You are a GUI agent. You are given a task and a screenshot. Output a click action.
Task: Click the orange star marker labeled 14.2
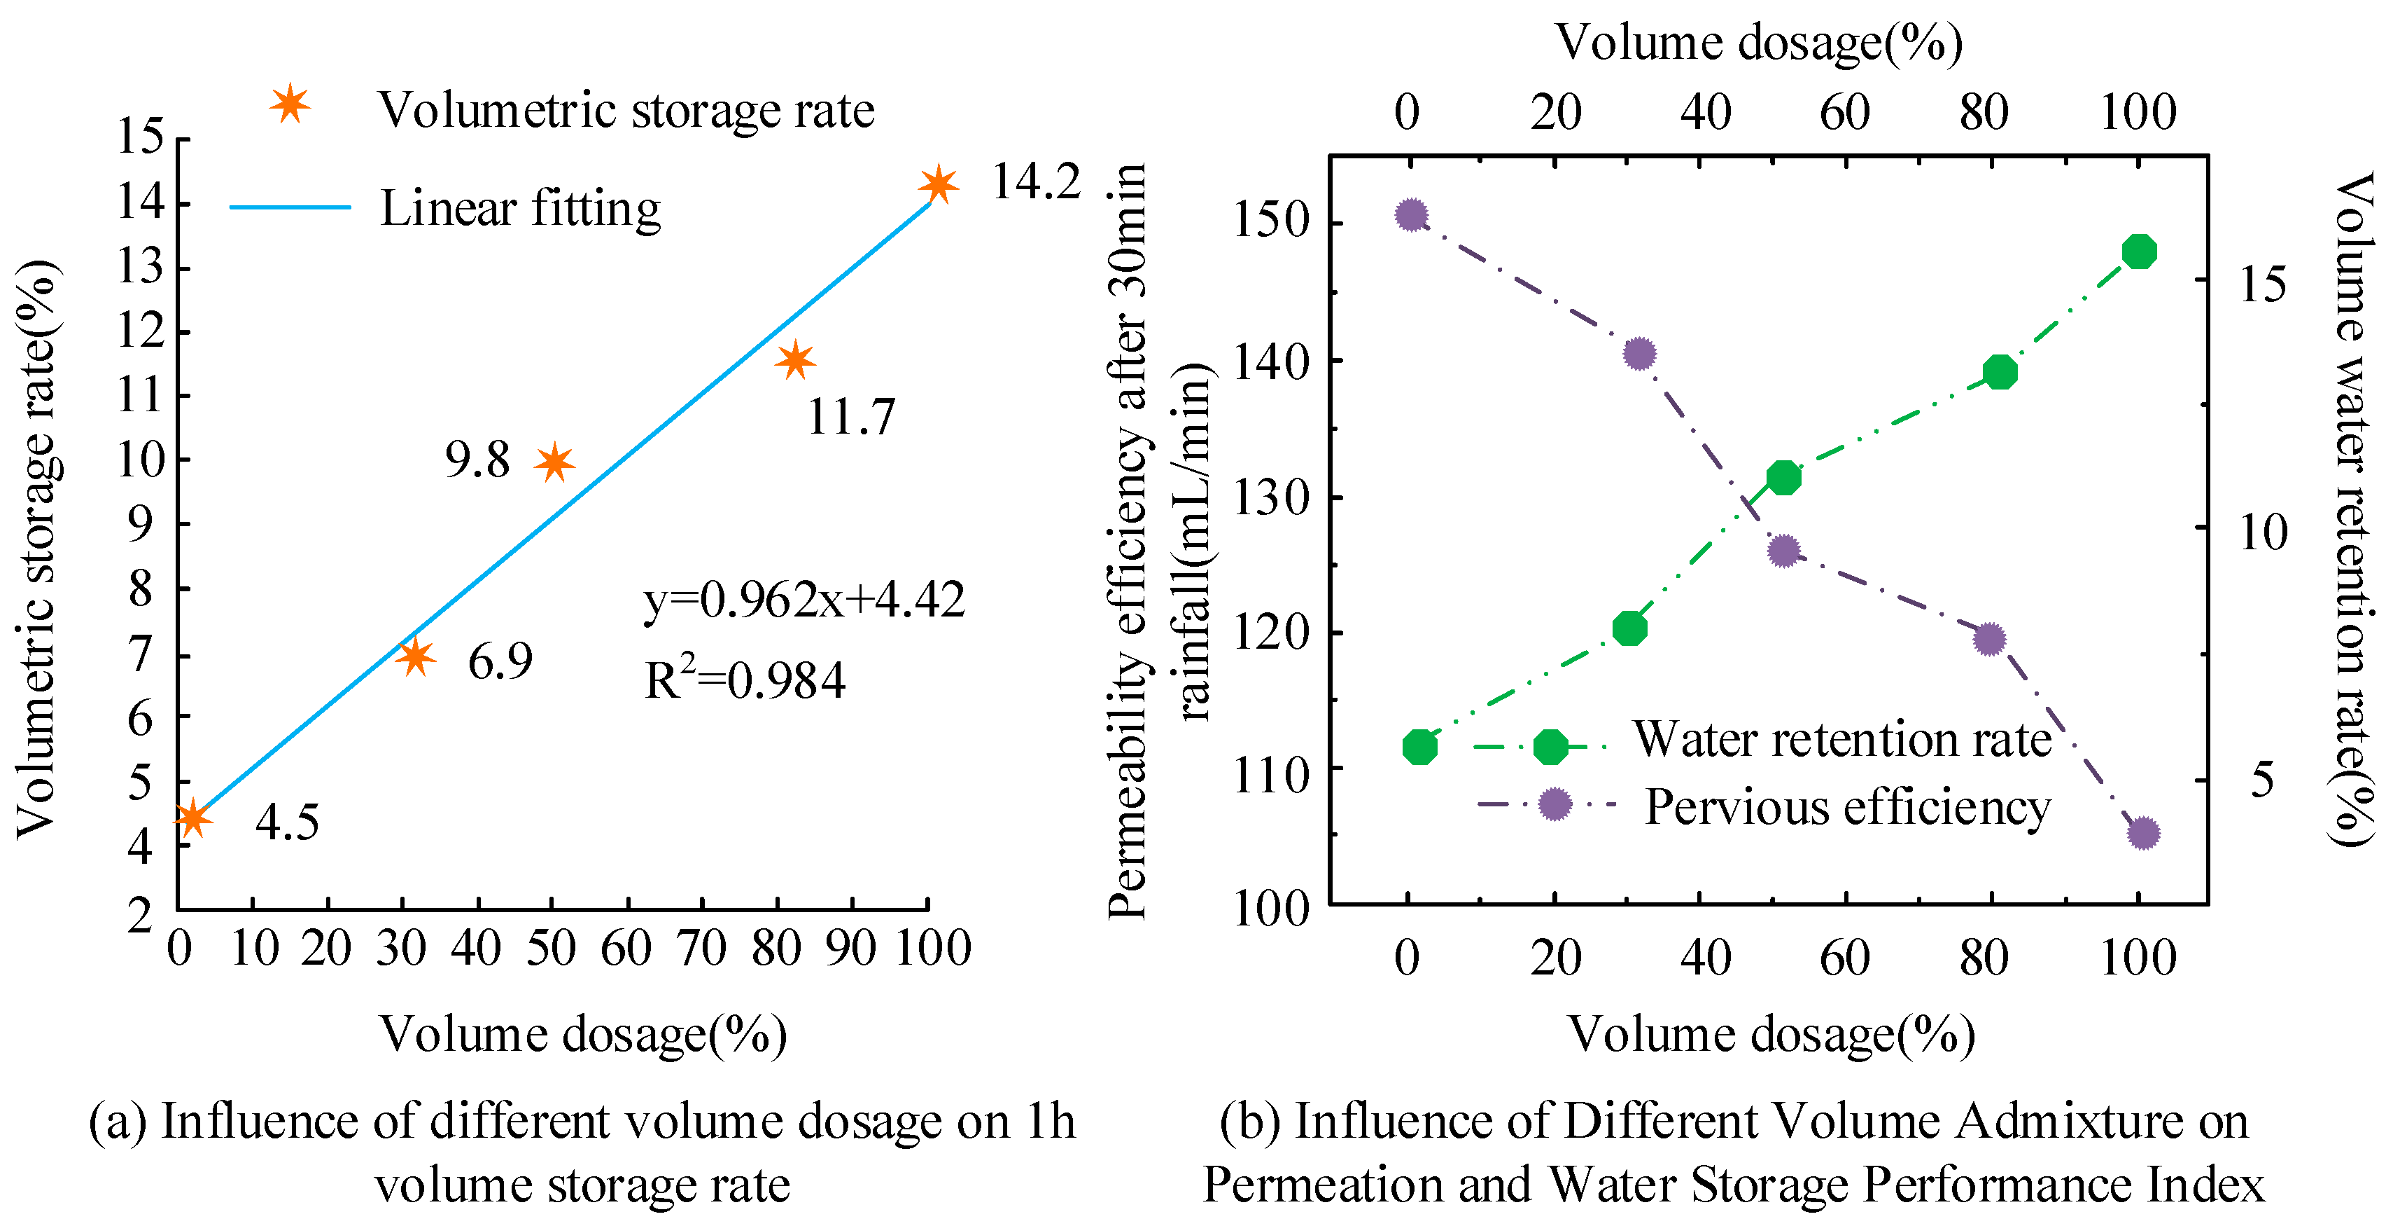[939, 184]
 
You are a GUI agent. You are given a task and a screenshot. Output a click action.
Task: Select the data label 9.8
[477, 459]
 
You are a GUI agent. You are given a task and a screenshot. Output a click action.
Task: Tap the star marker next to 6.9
[415, 656]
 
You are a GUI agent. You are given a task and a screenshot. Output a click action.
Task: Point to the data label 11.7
[850, 415]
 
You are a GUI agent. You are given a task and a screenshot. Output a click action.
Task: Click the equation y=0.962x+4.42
[803, 600]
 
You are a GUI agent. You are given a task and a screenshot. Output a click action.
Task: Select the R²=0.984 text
[744, 680]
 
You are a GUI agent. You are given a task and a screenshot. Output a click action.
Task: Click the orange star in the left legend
[289, 104]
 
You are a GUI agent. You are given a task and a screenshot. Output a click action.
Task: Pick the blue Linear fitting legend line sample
[290, 207]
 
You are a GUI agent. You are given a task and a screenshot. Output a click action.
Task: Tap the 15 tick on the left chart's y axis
[139, 137]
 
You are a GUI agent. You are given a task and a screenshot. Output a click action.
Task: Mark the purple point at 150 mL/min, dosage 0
[1411, 214]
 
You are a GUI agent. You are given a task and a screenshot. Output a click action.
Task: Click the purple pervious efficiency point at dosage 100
[2143, 833]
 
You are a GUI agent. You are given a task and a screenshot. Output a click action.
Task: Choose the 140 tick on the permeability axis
[1270, 361]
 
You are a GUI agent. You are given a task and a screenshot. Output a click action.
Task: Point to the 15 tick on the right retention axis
[2262, 284]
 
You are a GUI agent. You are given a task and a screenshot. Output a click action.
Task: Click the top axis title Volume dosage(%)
[1758, 42]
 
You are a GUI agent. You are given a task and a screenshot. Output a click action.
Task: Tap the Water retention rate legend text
[1842, 739]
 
